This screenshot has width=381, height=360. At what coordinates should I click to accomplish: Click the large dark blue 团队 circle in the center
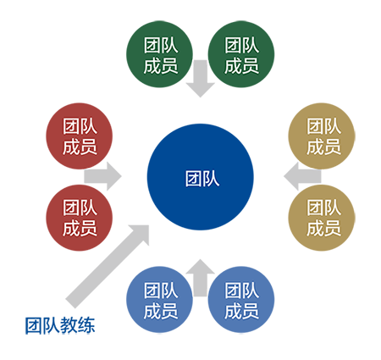coord(201,177)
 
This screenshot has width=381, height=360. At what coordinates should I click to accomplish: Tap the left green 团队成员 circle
coord(159,54)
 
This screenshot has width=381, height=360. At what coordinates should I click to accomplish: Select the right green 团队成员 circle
coord(241,54)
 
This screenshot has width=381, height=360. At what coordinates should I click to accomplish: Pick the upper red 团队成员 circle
coord(80,136)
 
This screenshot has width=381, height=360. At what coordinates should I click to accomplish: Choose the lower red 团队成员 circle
coord(80,218)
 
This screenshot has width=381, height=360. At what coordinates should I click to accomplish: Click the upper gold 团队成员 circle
coord(322,136)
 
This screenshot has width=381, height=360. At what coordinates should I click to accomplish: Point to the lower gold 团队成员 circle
coord(322,218)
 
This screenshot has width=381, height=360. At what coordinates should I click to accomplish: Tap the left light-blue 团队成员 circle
coord(159,300)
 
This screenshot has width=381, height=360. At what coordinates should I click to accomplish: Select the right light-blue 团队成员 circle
coord(241,300)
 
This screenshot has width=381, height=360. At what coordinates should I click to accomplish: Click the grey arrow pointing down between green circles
coord(201,79)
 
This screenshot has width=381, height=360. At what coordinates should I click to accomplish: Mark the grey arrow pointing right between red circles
coord(102,176)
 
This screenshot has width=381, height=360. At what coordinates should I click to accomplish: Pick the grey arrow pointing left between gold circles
coord(302,176)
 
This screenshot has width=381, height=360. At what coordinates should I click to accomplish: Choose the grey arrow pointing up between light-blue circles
coord(201,278)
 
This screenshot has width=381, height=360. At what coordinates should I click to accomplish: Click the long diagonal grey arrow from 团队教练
coord(108,266)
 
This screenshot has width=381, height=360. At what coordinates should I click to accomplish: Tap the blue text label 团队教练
coord(60,325)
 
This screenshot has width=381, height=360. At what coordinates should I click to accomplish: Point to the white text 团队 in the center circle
coord(202,179)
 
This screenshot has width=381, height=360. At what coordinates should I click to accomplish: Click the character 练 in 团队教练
coord(86,325)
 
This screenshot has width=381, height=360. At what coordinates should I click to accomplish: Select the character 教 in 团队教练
coord(69,325)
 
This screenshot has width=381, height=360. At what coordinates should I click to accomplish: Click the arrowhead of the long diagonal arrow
coord(140,234)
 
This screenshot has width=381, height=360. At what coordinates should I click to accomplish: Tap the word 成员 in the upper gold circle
coord(323,147)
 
